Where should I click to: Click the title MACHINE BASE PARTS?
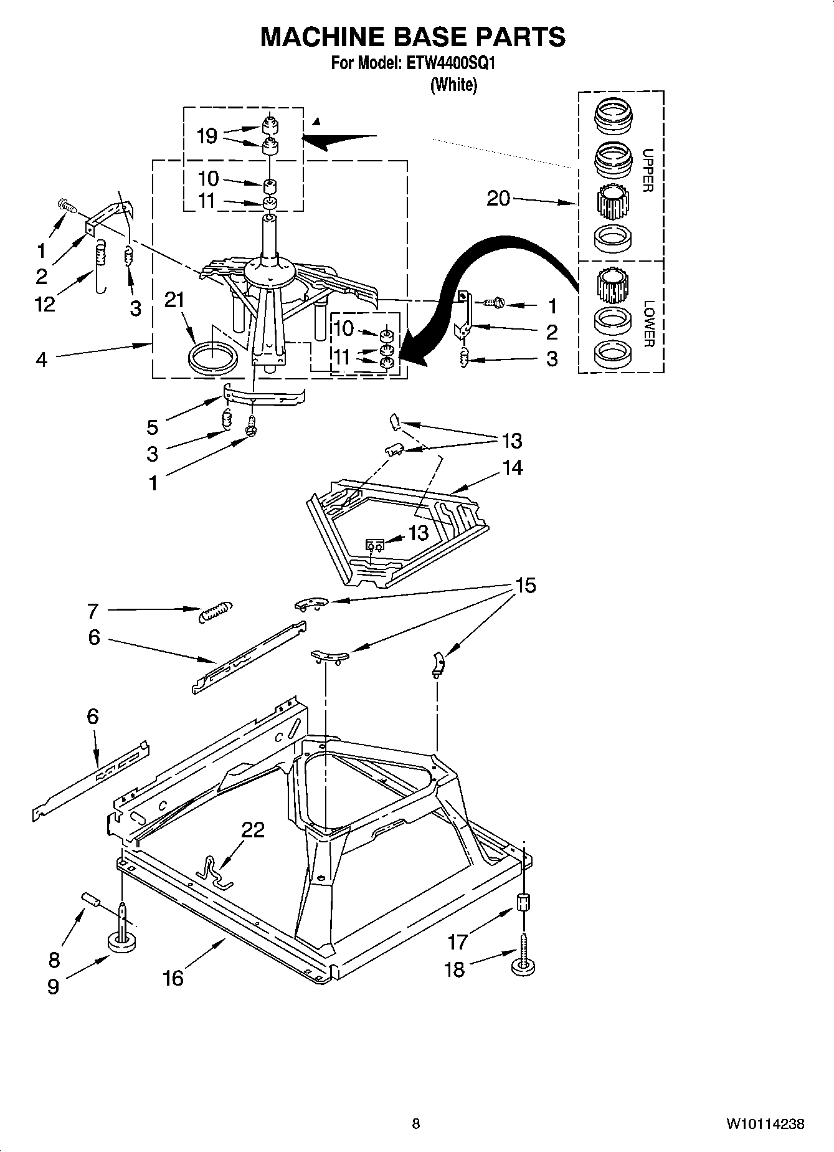point(412,37)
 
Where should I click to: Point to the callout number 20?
point(498,198)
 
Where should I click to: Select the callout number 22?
point(253,830)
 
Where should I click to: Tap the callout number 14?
point(513,467)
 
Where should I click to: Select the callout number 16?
point(173,978)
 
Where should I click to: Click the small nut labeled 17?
point(523,902)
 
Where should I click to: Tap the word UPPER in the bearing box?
point(648,169)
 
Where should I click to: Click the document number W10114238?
point(764,1124)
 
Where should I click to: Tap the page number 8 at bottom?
point(416,1124)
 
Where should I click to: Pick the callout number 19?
point(207,136)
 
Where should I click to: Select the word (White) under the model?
point(453,85)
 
